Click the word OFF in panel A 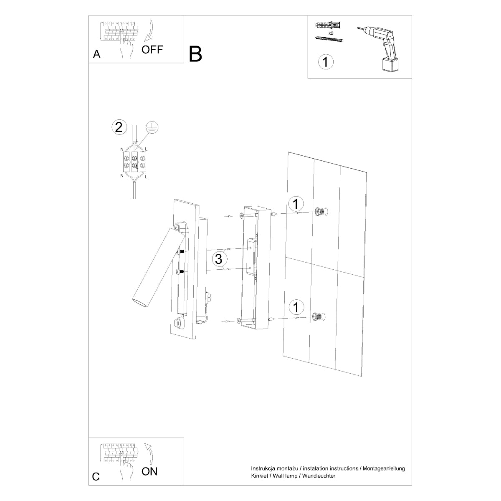click(x=152, y=50)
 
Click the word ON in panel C click(x=149, y=471)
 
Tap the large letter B click(x=195, y=54)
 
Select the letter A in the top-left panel click(x=97, y=54)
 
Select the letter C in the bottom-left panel click(x=96, y=477)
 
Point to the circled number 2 click(x=119, y=127)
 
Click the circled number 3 click(x=218, y=259)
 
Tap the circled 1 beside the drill click(x=326, y=62)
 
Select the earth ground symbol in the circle click(x=153, y=128)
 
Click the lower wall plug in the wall click(x=318, y=317)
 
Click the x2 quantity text click(x=331, y=33)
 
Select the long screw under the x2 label click(x=329, y=39)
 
